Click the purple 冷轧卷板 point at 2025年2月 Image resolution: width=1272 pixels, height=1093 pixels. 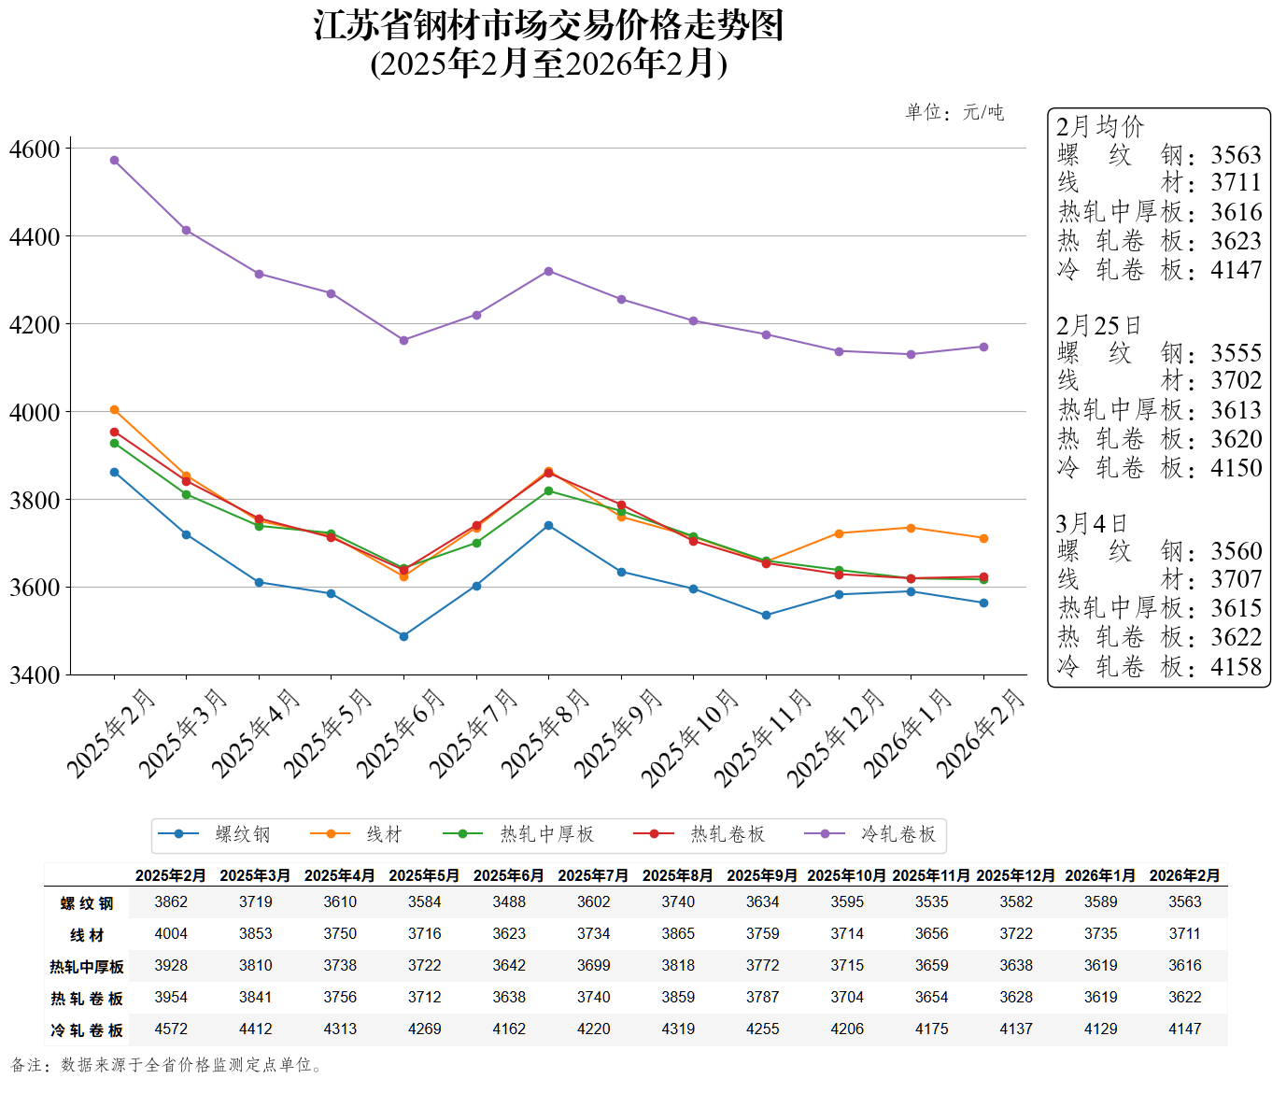(x=114, y=161)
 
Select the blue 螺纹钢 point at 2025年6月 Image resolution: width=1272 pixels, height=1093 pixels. (x=403, y=636)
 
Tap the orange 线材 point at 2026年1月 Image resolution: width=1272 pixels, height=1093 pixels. (x=911, y=528)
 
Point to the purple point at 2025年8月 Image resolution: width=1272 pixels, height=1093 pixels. (x=548, y=271)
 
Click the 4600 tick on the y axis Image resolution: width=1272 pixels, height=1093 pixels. (x=35, y=149)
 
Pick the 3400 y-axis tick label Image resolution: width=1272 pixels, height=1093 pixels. (x=35, y=674)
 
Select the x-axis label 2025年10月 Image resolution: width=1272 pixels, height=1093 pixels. (x=689, y=738)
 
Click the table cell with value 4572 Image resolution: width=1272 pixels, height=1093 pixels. (x=171, y=1029)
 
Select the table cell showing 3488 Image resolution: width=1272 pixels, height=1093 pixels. (x=509, y=901)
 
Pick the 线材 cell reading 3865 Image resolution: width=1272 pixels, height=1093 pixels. (x=678, y=933)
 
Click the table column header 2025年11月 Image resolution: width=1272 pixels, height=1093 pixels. (x=931, y=875)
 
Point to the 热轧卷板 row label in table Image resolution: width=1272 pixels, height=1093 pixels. (x=87, y=999)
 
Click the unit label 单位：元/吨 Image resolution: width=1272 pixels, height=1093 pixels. (x=954, y=112)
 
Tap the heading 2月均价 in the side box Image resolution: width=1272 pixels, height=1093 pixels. (x=1099, y=126)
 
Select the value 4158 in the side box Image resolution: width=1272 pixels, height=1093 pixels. (x=1236, y=666)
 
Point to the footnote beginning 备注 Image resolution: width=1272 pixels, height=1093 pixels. (x=168, y=1065)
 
